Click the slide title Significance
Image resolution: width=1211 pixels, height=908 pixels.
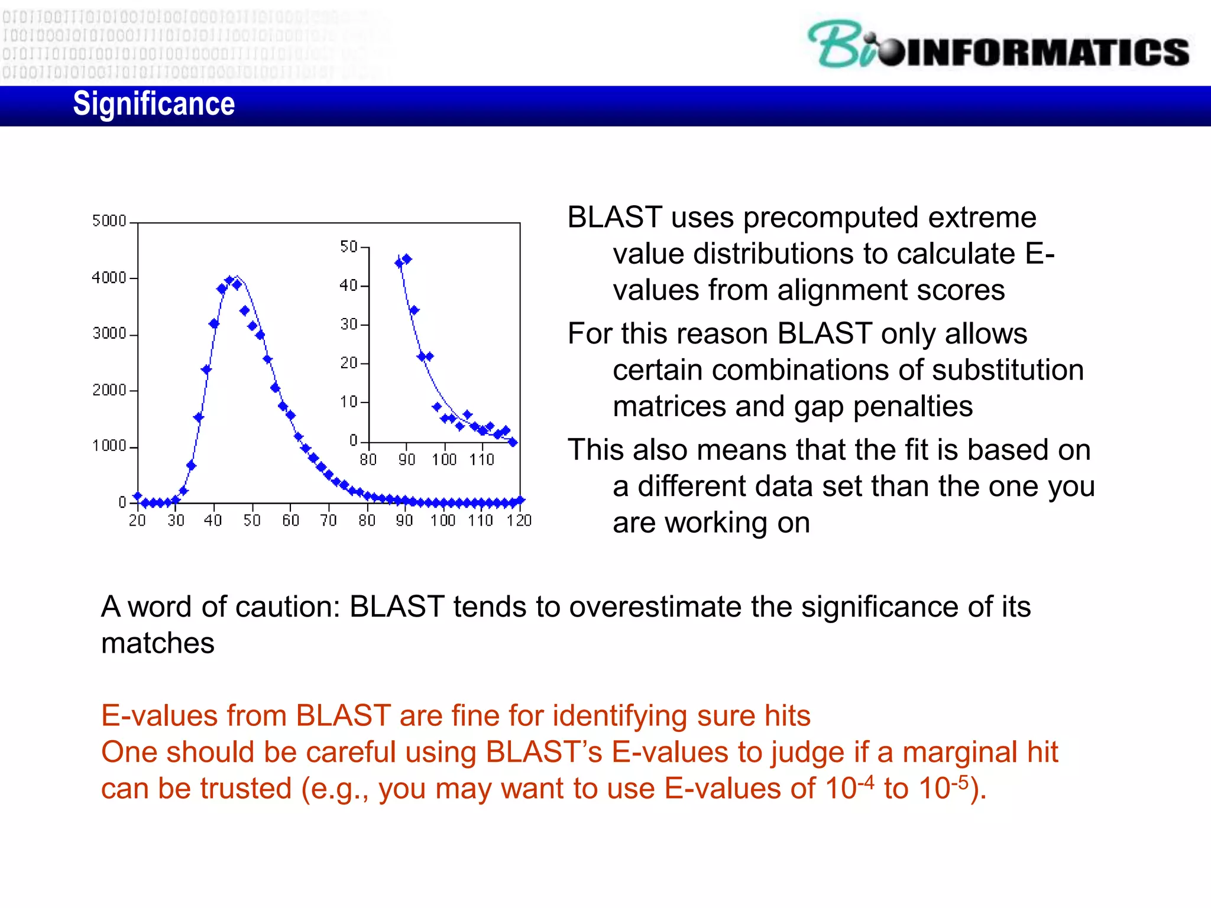point(154,105)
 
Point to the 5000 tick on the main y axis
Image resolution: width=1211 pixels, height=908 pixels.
point(109,221)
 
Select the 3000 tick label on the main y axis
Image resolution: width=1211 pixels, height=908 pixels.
point(109,334)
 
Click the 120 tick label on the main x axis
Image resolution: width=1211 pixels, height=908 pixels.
point(519,521)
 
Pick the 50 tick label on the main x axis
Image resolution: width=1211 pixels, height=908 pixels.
point(252,521)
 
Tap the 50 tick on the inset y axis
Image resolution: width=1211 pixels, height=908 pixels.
point(349,247)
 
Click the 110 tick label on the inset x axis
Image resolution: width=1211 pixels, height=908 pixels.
point(482,460)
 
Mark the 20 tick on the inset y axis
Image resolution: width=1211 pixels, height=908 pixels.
point(349,363)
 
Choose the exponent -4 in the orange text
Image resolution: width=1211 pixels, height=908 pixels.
point(866,781)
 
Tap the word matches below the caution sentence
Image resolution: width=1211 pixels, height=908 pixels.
point(158,644)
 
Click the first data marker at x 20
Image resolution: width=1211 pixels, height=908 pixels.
point(138,497)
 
